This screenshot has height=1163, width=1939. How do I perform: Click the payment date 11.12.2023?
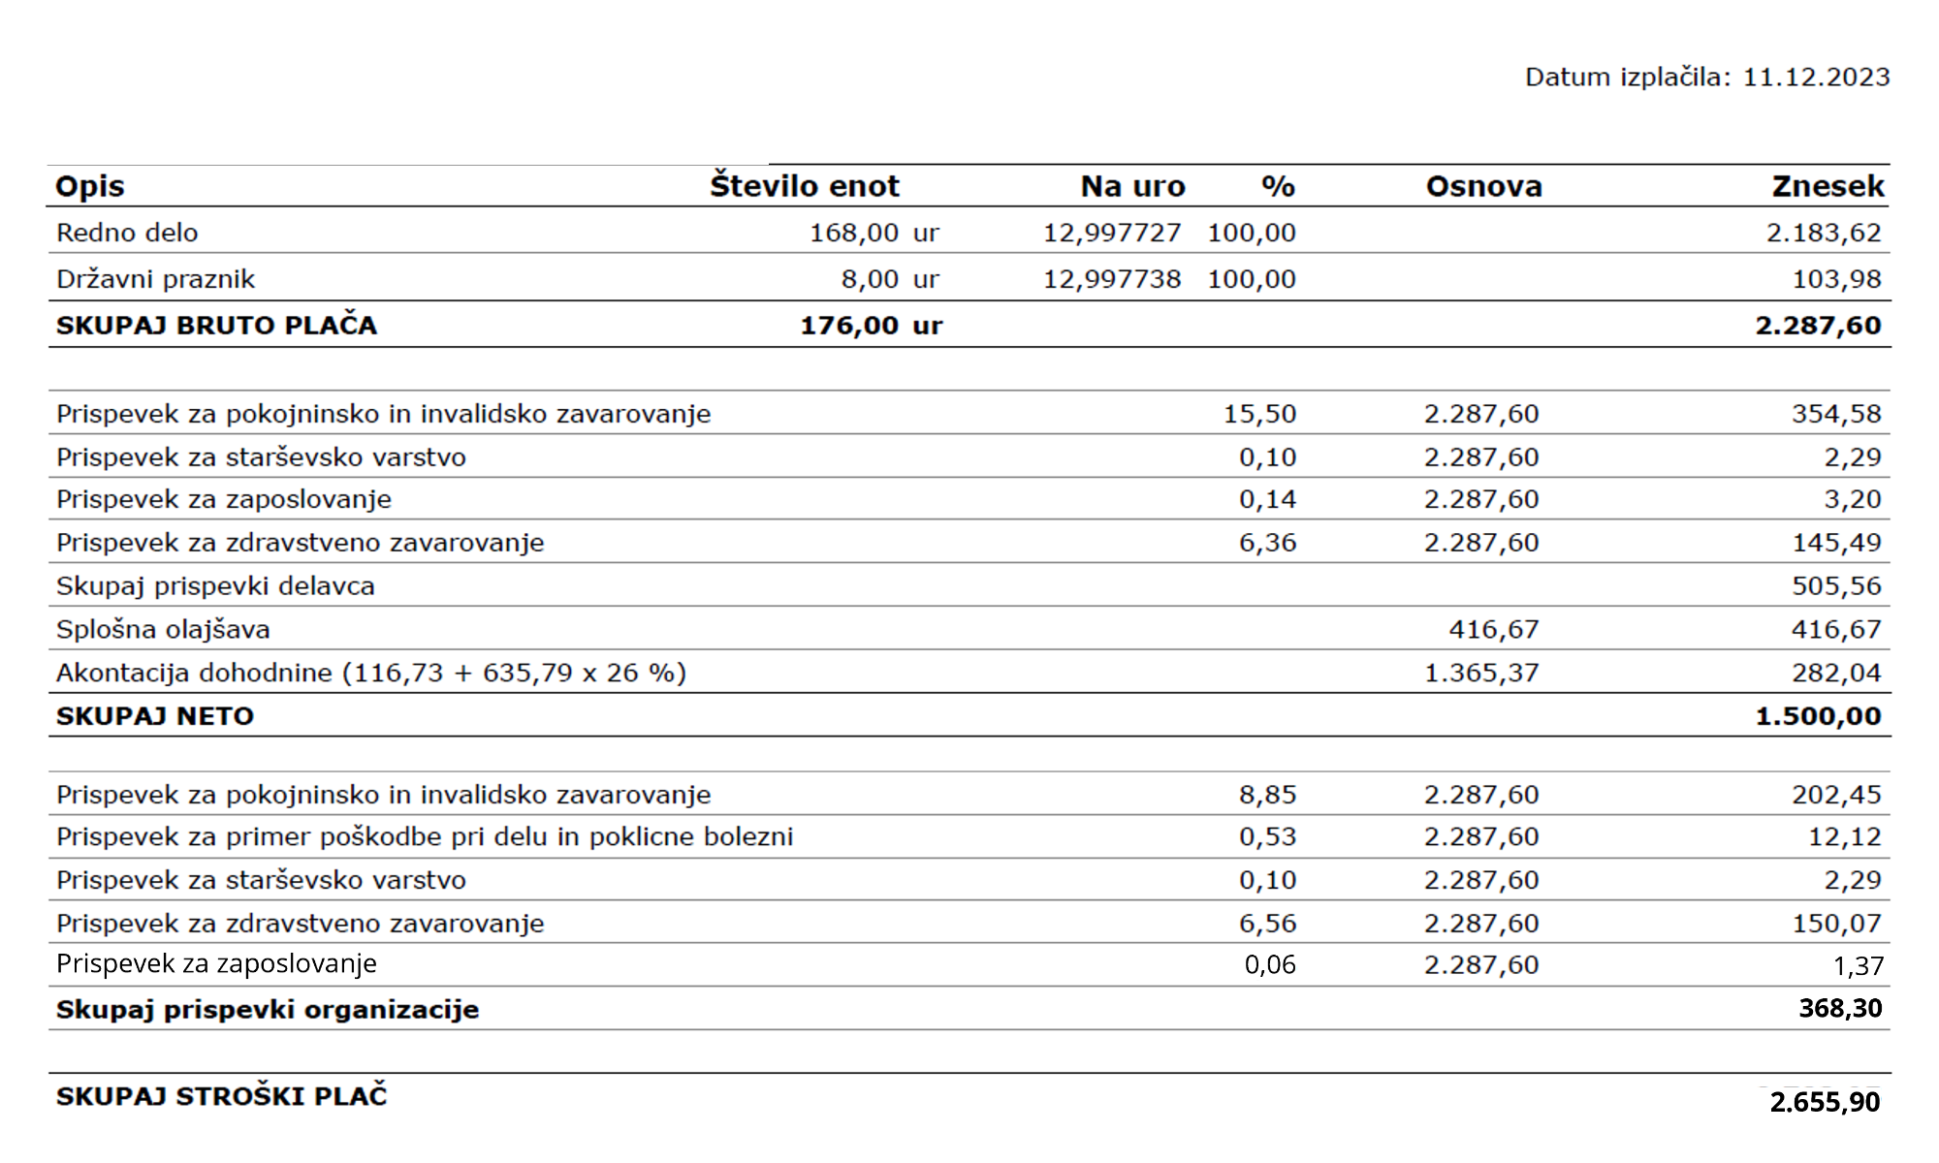[x=1816, y=78]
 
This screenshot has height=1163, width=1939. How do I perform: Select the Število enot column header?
[x=804, y=186]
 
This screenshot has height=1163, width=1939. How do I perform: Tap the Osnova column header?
[x=1483, y=186]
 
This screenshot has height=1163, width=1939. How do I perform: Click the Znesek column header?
[x=1828, y=186]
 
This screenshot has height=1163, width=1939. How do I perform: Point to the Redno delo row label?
[x=127, y=233]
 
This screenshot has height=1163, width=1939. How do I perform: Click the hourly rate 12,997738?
[x=1111, y=279]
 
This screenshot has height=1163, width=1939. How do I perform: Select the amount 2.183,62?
[x=1823, y=233]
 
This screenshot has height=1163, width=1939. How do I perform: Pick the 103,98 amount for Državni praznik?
[x=1835, y=279]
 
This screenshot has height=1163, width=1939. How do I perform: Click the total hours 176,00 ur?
[x=871, y=326]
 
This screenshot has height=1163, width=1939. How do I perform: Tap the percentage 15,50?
[x=1259, y=414]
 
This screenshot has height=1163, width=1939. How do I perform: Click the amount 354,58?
[x=1835, y=414]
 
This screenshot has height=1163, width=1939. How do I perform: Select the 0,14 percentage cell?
[x=1267, y=499]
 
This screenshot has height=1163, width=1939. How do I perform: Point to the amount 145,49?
[x=1835, y=543]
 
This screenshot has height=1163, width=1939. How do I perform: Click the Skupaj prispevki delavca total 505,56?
[x=1835, y=586]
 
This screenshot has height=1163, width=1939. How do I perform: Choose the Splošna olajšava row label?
[x=163, y=630]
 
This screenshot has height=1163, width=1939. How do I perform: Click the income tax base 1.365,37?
[x=1480, y=673]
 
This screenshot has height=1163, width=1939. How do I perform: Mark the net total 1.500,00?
[x=1818, y=716]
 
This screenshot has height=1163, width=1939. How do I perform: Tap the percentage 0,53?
[x=1267, y=836]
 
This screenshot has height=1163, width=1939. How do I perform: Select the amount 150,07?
[x=1835, y=924]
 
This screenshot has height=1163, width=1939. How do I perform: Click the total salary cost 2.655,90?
[x=1825, y=1102]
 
